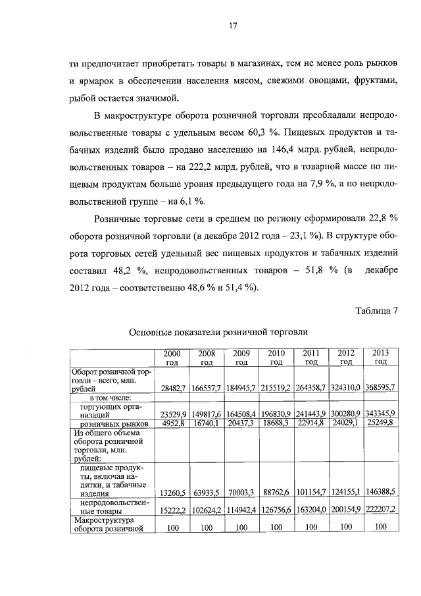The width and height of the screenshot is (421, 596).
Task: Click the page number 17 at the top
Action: (x=233, y=26)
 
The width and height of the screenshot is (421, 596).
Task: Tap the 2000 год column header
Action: (x=172, y=358)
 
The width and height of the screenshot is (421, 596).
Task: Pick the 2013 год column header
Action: (x=380, y=358)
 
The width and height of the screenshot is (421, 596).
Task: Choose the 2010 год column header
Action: (x=276, y=358)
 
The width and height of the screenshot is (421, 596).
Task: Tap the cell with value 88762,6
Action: (x=277, y=491)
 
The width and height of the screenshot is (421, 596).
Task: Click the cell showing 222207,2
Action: (x=380, y=510)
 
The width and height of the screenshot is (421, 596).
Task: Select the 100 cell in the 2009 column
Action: (x=241, y=527)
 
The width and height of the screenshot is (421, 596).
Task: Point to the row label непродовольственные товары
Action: (x=110, y=505)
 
